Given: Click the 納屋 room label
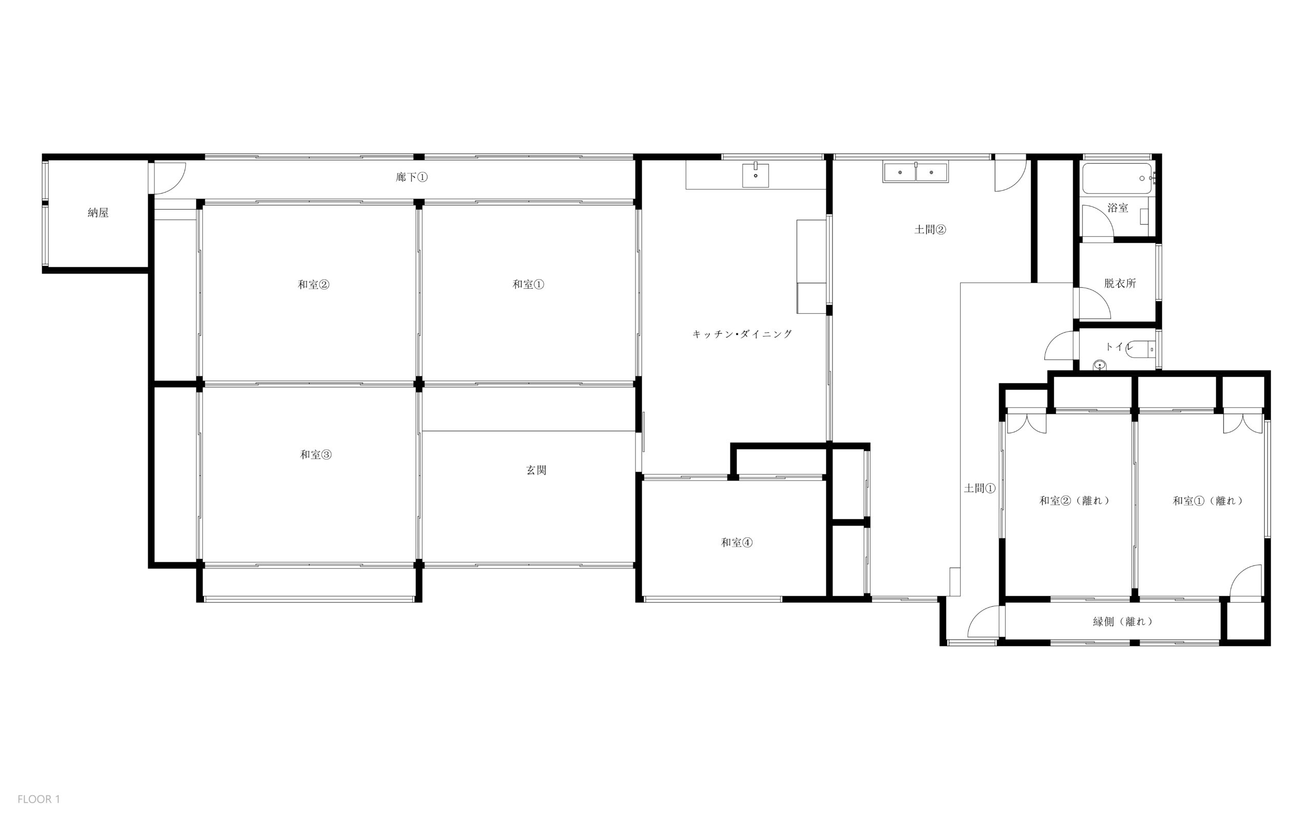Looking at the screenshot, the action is point(98,213).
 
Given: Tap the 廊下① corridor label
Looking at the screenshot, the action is point(412,177).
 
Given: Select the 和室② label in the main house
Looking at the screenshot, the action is point(313,284).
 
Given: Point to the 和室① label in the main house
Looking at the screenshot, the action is point(528,284).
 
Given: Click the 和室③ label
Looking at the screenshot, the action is point(315,454).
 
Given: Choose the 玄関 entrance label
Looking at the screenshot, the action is point(536,470).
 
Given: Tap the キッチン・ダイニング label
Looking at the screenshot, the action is point(743,334).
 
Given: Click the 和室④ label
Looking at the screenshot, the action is point(737,543).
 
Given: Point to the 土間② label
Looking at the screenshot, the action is point(930,229).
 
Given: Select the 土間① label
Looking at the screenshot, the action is point(980,488).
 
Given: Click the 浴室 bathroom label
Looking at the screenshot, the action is point(1118,208).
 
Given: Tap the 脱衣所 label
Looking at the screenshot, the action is point(1120,283).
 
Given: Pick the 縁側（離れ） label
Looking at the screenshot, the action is point(1123,622).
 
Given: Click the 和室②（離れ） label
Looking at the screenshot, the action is point(1075,501).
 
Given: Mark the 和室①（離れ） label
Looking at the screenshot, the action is point(1208,501).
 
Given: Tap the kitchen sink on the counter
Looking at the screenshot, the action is point(755,175).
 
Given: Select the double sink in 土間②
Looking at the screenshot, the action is point(916,172).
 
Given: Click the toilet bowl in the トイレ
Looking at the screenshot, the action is point(1141,350).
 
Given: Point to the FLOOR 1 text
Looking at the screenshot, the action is point(38,799).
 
